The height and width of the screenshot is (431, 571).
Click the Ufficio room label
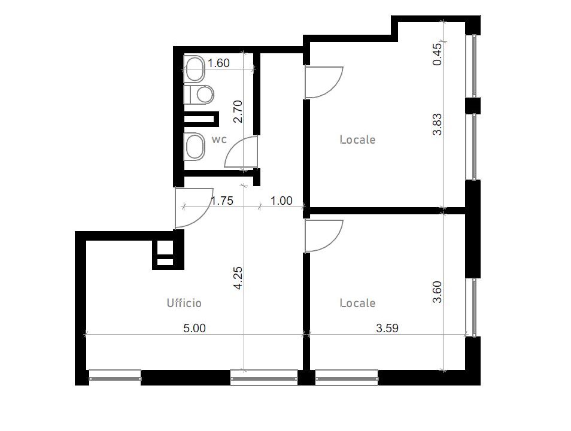(x=184, y=303)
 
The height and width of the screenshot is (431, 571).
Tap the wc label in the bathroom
(x=219, y=139)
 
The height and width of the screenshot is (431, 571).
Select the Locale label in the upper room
(x=357, y=139)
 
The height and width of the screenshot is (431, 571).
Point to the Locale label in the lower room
(x=357, y=303)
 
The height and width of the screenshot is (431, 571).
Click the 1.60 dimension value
(x=218, y=63)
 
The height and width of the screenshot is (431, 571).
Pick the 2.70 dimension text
(x=238, y=111)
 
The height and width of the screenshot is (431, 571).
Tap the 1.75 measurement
(x=222, y=201)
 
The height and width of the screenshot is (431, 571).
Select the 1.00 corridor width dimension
(x=281, y=201)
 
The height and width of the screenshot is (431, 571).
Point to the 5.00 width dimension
(x=194, y=328)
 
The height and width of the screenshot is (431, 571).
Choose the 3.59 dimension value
(x=387, y=328)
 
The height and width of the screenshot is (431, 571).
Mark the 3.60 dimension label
(x=437, y=292)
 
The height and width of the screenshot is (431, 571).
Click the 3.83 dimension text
(x=437, y=125)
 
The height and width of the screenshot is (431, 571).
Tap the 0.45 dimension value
(x=437, y=54)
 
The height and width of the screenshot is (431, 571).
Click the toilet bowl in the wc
(x=199, y=95)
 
